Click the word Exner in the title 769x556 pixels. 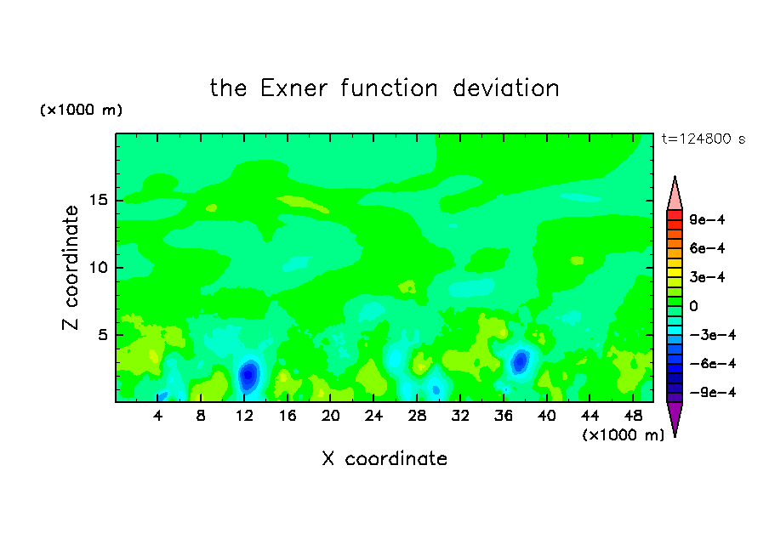coord(293,88)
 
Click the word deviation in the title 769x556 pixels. coord(505,88)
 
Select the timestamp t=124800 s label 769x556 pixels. coord(703,139)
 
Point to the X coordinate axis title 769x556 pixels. coord(384,458)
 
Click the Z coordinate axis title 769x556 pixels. coord(71,268)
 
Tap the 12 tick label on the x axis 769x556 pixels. coord(244,416)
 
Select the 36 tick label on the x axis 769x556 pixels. coord(504,416)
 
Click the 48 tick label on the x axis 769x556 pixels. coord(633,416)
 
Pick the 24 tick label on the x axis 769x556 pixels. coord(373,416)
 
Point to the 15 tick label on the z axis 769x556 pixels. coord(99,200)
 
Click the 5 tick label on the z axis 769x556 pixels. coord(102,335)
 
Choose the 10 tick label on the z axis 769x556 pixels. coord(99,268)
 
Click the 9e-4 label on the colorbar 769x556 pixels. coord(707,219)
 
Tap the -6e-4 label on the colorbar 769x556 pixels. coord(713,364)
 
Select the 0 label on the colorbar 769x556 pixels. coord(693,306)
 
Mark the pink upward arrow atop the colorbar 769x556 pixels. coord(675,193)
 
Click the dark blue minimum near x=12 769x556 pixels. coord(248,375)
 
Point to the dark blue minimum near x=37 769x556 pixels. coord(520,361)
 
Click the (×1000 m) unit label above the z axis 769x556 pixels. coord(81,110)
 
